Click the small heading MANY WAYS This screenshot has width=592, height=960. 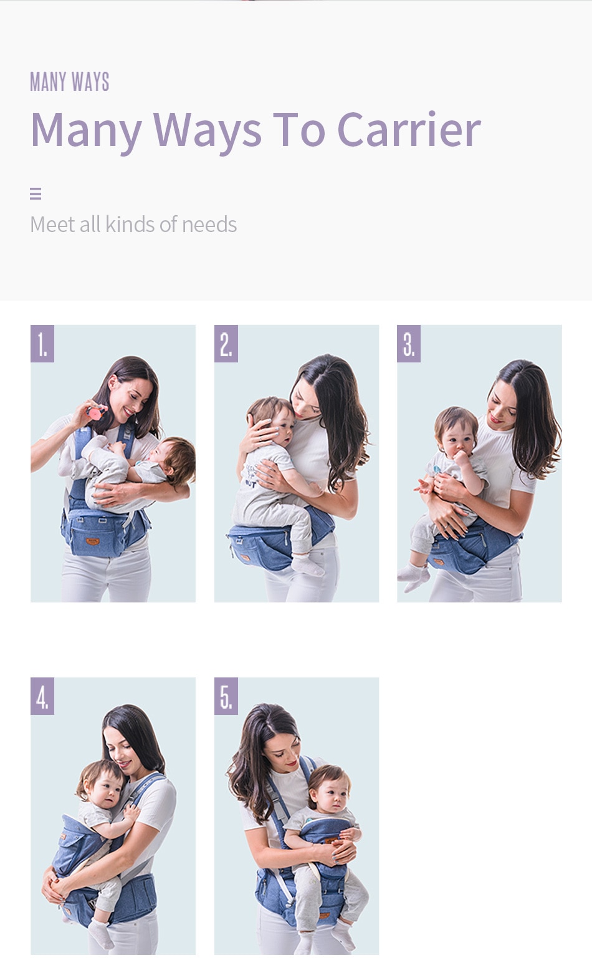[70, 82]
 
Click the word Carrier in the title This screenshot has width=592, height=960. [409, 130]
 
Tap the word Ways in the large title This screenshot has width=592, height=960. [208, 130]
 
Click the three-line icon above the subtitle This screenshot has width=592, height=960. [36, 194]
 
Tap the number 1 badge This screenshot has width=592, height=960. [42, 344]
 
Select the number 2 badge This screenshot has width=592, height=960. [226, 344]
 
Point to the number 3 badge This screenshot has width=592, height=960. [409, 344]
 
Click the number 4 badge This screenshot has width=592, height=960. [42, 696]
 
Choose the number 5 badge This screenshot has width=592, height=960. [226, 696]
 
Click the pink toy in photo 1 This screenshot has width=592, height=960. [95, 412]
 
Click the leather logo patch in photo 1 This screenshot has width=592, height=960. [92, 541]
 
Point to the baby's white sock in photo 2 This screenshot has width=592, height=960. [305, 565]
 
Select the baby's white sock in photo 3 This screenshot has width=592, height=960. [414, 575]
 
